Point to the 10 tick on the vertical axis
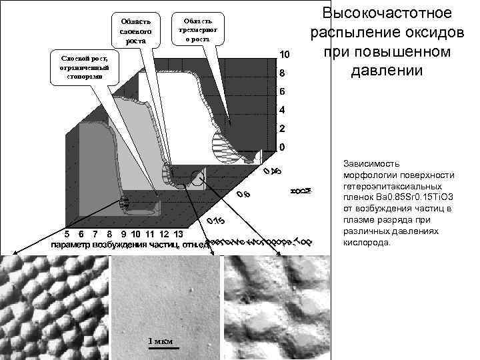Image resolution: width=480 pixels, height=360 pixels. (x=284, y=53)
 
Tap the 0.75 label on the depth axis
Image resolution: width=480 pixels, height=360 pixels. (x=215, y=221)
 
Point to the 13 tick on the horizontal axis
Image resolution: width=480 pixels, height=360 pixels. (x=178, y=234)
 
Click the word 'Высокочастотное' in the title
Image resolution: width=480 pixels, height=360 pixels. (x=387, y=13)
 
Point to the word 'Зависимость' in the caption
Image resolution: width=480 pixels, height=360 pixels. (x=371, y=162)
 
